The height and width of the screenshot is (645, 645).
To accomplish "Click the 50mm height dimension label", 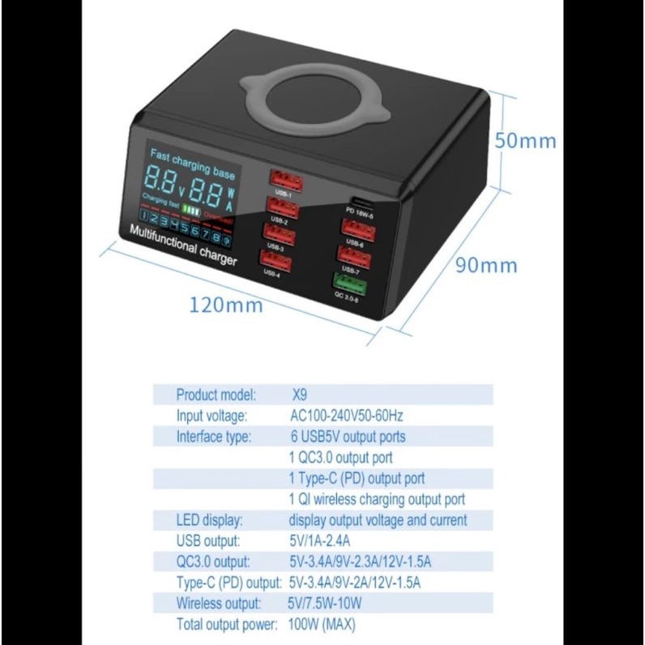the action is click(526, 140).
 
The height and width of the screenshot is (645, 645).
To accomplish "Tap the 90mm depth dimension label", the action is click(486, 265).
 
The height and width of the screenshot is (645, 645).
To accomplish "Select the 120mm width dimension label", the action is click(226, 305).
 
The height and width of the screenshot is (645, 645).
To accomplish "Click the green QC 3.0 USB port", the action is click(348, 283).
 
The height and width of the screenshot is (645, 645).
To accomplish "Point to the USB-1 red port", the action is click(283, 179).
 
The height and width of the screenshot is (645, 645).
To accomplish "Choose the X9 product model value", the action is click(300, 395).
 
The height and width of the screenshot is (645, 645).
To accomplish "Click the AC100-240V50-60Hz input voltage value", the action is click(346, 416).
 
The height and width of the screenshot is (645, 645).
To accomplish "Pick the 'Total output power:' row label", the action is click(227, 625).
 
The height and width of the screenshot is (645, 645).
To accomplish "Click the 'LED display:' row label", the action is click(209, 520).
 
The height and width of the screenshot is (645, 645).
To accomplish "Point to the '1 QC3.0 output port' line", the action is click(340, 458).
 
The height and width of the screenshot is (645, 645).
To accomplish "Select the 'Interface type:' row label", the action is click(214, 437).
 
